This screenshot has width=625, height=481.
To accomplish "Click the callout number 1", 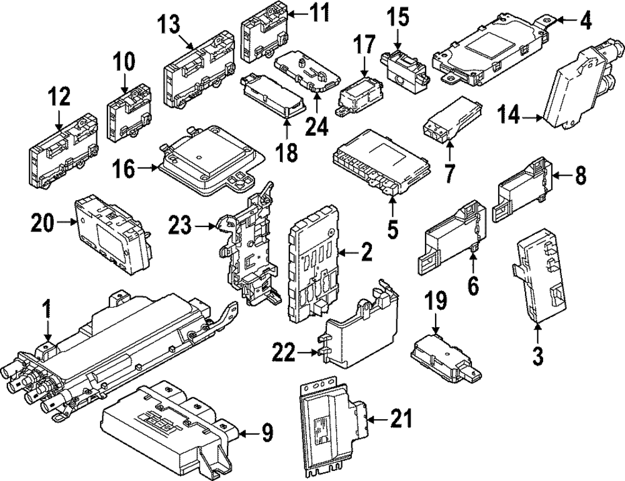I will tap(46, 310).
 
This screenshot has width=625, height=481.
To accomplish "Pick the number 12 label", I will tap(60, 98).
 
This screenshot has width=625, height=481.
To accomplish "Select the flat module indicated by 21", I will tap(328, 413).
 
